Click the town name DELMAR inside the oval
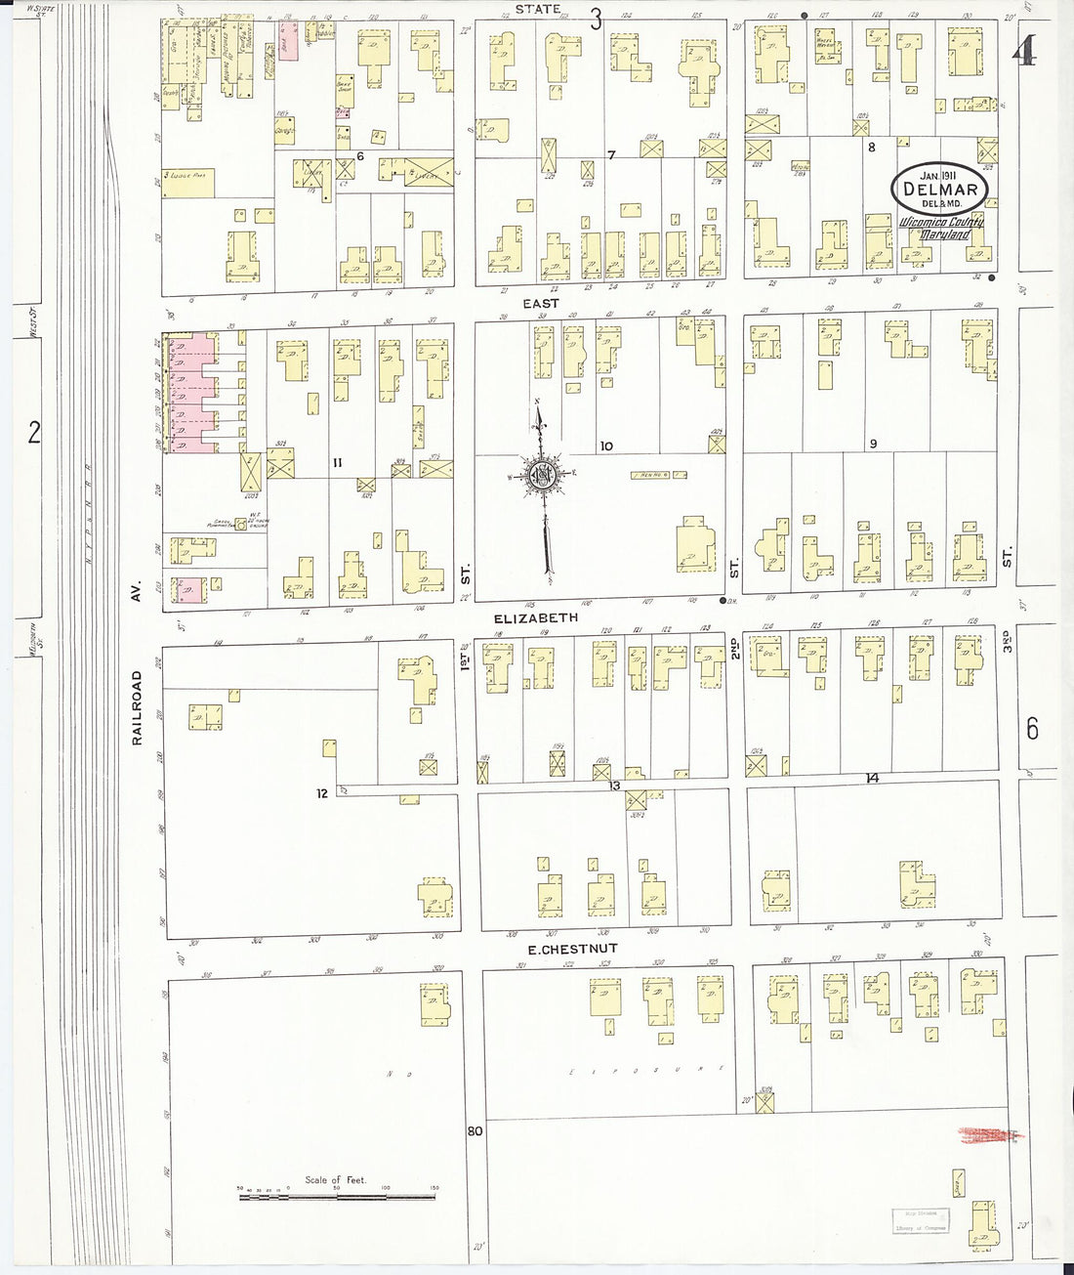[x=938, y=188]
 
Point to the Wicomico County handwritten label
[x=940, y=222]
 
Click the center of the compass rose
[x=540, y=476]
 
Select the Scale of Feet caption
[x=335, y=1180]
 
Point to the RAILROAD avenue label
[x=138, y=708]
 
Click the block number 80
[x=475, y=1132]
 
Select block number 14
[x=872, y=778]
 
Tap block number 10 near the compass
[x=605, y=446]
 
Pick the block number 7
[x=611, y=155]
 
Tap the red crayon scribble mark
[x=987, y=1133]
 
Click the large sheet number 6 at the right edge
[x=1032, y=729]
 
